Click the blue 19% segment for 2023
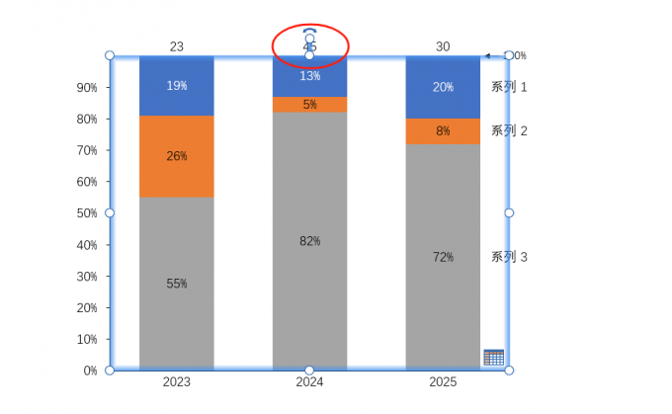pyautogui.click(x=177, y=86)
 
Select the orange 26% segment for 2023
pyautogui.click(x=177, y=156)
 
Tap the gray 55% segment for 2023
pyautogui.click(x=177, y=284)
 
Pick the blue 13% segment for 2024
pyautogui.click(x=310, y=77)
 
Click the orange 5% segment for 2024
pyautogui.click(x=310, y=105)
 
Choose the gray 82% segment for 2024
pyautogui.click(x=310, y=241)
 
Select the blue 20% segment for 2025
pyautogui.click(x=443, y=87)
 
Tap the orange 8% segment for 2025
pyautogui.click(x=443, y=131)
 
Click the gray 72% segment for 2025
pyautogui.click(x=443, y=257)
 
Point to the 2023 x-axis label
pyautogui.click(x=177, y=382)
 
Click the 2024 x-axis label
pyautogui.click(x=310, y=382)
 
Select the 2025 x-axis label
pyautogui.click(x=443, y=382)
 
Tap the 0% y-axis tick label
pyautogui.click(x=91, y=371)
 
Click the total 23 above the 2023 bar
pyautogui.click(x=177, y=46)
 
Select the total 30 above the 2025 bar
pyautogui.click(x=443, y=46)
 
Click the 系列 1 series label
pyautogui.click(x=509, y=87)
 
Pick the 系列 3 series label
pyautogui.click(x=509, y=257)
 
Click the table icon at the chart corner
pyautogui.click(x=493, y=358)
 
